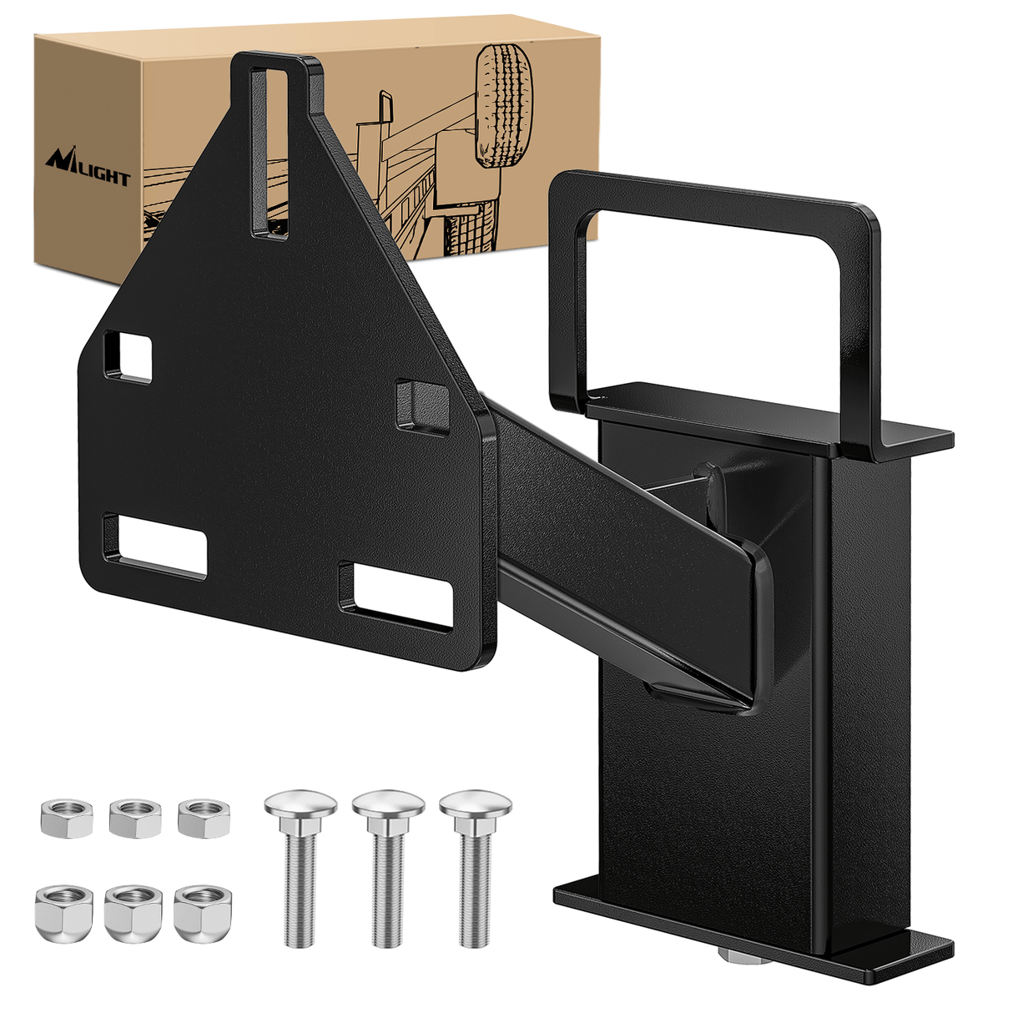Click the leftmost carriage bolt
(x=300, y=868)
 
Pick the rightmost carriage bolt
(x=475, y=868)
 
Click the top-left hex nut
(x=66, y=819)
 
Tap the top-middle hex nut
(x=135, y=817)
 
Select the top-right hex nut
(x=203, y=817)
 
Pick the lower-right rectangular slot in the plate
(x=396, y=594)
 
